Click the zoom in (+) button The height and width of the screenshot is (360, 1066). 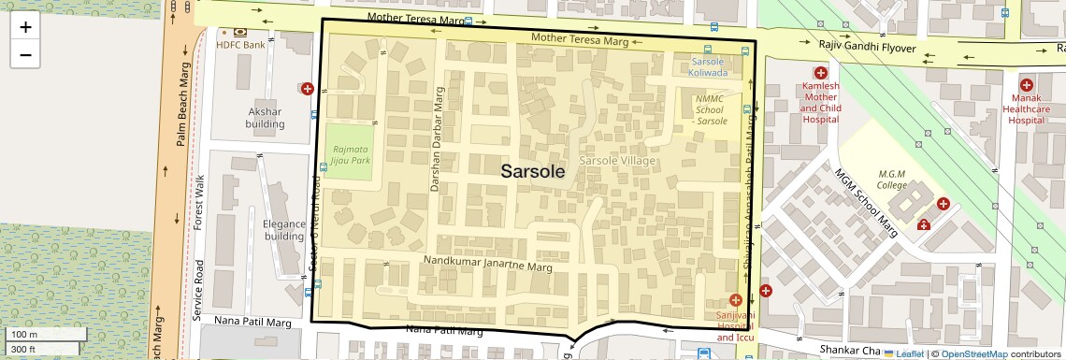25,27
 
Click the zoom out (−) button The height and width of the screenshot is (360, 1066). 25,55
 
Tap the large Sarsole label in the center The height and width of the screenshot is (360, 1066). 533,171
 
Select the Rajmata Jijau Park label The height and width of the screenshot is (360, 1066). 348,154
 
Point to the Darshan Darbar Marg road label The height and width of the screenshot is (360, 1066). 435,139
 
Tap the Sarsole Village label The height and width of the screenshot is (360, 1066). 617,162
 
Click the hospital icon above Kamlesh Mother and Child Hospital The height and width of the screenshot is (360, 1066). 820,73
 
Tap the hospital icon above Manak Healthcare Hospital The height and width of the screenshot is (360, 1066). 1026,84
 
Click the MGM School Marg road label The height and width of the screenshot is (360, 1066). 866,205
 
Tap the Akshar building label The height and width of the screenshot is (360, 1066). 265,118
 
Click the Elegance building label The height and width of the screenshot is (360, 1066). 284,230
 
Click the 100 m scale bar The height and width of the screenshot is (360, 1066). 47,334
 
